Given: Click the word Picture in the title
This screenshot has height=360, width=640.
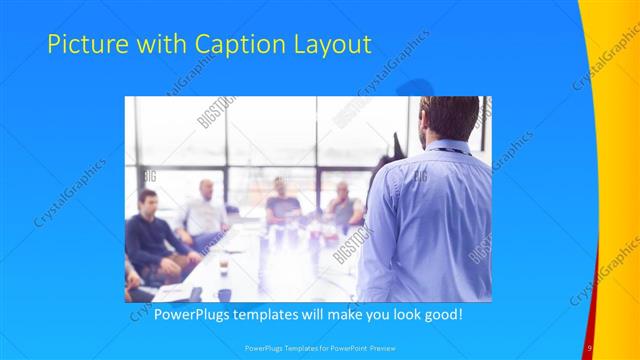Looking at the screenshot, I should pyautogui.click(x=84, y=45).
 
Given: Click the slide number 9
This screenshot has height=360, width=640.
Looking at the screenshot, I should pyautogui.click(x=590, y=347).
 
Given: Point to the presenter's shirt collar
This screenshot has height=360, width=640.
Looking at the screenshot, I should pyautogui.click(x=446, y=148).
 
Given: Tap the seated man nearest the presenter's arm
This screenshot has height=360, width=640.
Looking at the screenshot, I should pyautogui.click(x=342, y=205).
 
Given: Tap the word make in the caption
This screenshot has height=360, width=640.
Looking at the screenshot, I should pyautogui.click(x=356, y=313).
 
